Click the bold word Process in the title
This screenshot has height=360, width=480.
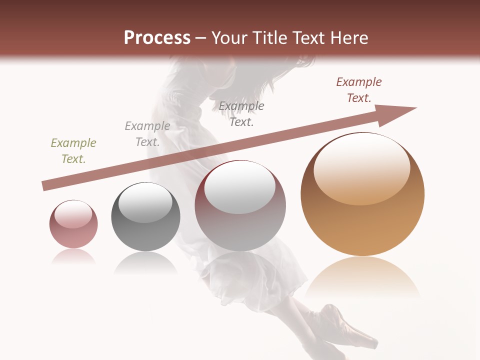pos(157,38)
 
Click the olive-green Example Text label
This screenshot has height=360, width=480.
pos(73,151)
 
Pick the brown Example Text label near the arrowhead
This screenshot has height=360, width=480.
pos(359,90)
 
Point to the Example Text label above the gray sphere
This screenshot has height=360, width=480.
pos(147,134)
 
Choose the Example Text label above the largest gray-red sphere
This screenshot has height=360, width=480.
pos(241,114)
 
